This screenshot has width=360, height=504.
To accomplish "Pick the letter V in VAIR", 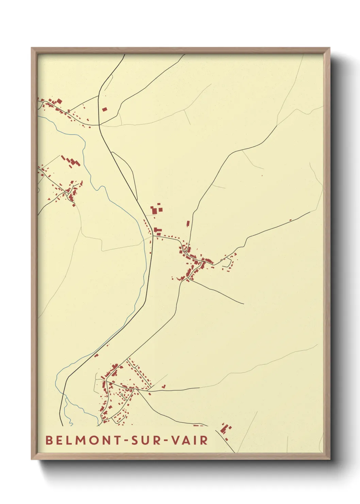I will [176, 440].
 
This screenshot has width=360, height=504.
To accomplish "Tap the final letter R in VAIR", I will [204, 440].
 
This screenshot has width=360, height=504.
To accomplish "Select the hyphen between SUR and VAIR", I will [166, 441].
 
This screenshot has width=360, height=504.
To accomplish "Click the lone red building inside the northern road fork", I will [104, 109].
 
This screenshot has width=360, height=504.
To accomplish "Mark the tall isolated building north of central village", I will [188, 224].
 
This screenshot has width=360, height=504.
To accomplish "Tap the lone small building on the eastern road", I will [290, 220].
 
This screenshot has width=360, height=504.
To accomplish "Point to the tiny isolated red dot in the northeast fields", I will [262, 175].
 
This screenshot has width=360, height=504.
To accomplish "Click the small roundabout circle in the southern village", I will [121, 395].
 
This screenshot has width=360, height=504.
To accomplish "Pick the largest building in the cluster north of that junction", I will [154, 211].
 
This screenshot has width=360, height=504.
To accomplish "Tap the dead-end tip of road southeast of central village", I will [244, 303].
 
